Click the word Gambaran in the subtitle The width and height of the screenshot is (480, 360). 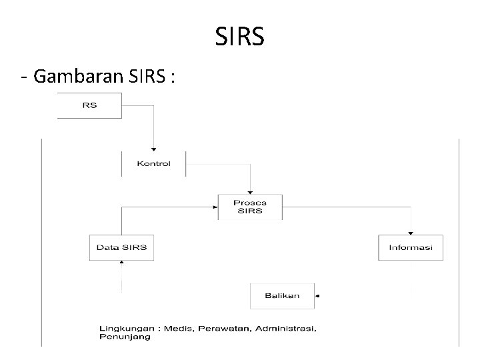77,77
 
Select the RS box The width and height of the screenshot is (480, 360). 89,106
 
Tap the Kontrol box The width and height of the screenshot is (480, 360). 153,163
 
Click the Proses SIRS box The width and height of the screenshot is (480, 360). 250,207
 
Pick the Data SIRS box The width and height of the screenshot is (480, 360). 121,247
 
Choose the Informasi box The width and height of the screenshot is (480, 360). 411,247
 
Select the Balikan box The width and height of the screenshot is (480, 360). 282,295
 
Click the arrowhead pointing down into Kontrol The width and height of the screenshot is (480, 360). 153,149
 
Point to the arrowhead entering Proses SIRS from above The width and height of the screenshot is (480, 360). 250,191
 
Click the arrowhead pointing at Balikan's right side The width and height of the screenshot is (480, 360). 317,295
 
